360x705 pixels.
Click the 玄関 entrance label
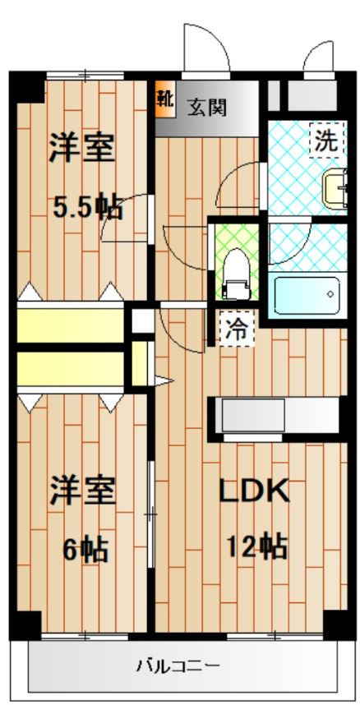pos(205,106)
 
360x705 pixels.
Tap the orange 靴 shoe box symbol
pos(164,98)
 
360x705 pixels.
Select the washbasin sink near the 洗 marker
pos(336,188)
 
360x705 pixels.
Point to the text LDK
pos(253,491)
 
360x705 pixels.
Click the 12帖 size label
pos(256,545)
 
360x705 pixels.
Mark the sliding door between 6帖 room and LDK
pos(150,514)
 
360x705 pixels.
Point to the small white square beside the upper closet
pos(143,320)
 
